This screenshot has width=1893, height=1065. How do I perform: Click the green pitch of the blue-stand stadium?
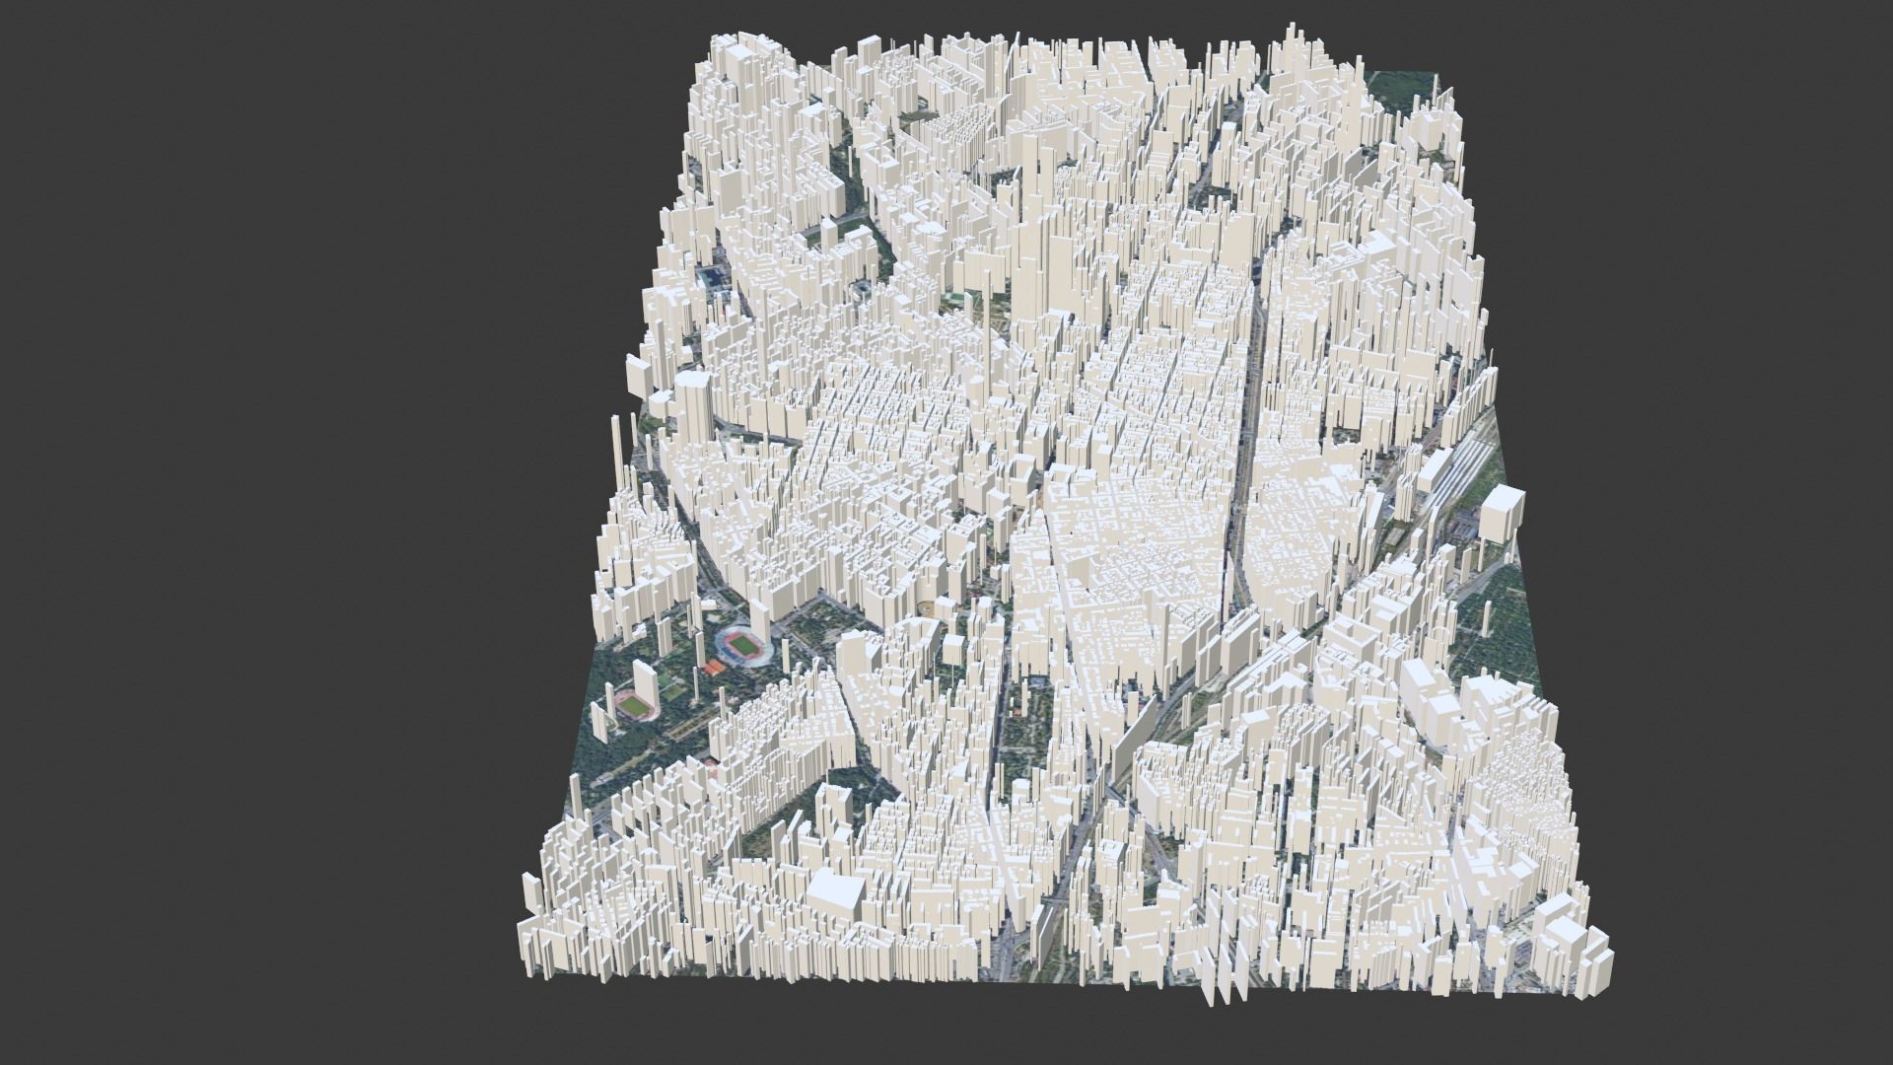[x=737, y=645]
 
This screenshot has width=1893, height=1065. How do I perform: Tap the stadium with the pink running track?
[x=631, y=706]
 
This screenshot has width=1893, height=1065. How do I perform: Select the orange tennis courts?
[x=712, y=668]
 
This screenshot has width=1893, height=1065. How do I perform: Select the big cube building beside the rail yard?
[x=1501, y=513]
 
